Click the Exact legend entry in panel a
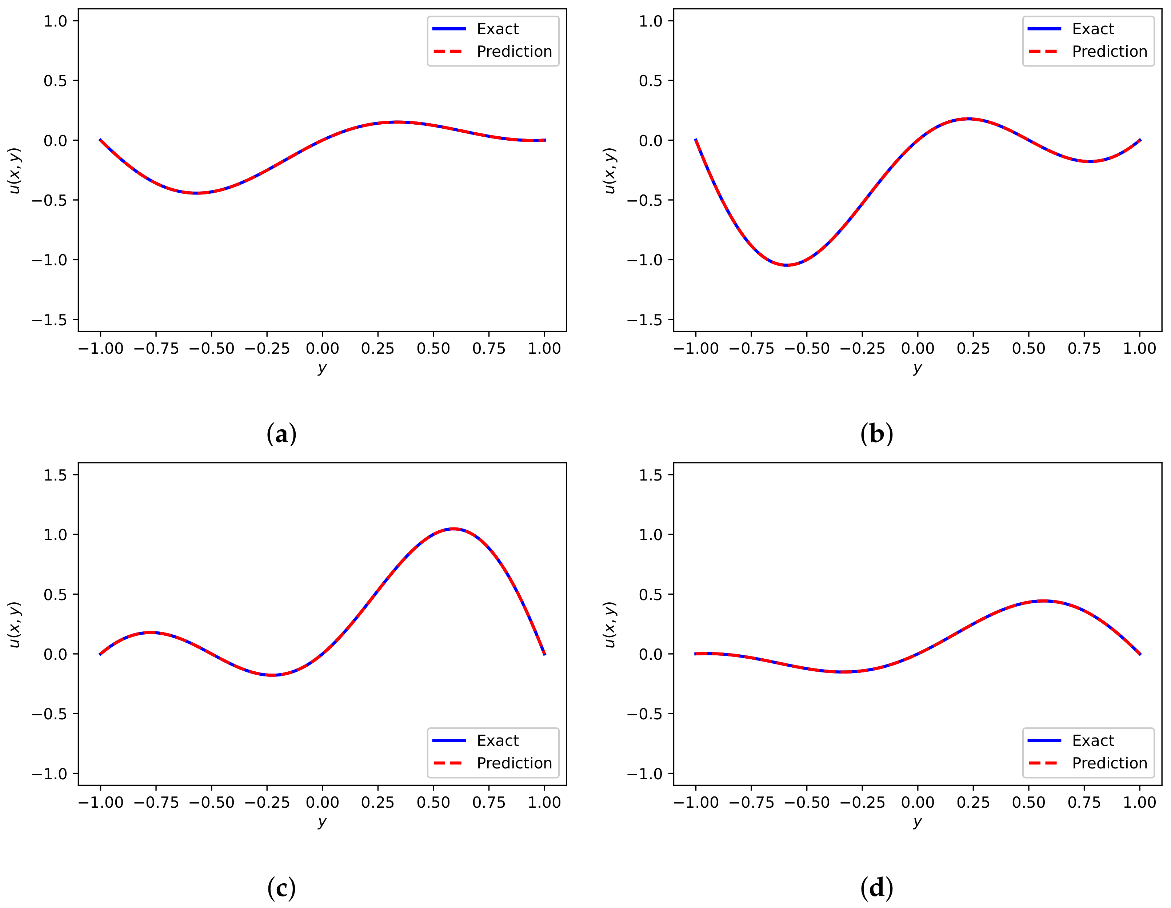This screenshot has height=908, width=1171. (497, 29)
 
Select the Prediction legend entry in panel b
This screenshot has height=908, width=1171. (1109, 52)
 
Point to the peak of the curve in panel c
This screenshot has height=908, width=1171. (453, 529)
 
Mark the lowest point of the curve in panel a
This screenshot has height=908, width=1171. (196, 193)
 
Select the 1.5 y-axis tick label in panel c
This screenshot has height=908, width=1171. (55, 475)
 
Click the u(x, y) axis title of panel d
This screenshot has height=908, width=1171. (610, 624)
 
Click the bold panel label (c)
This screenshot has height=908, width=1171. (281, 888)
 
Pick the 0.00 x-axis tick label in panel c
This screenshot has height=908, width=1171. (322, 803)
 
